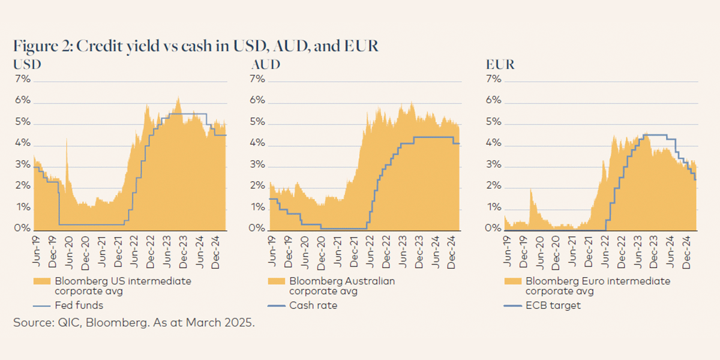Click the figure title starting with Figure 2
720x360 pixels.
(x=196, y=46)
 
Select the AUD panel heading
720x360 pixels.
(x=265, y=64)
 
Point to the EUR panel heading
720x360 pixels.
(x=500, y=64)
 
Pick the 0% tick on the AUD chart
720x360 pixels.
(x=257, y=229)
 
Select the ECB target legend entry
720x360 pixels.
(x=552, y=305)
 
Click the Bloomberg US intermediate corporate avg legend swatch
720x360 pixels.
(x=41, y=281)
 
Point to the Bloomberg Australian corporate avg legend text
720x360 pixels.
(x=342, y=286)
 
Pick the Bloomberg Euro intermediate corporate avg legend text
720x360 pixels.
(x=598, y=286)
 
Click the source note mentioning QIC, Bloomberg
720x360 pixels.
(x=134, y=323)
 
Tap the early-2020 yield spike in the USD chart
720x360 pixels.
(x=66, y=157)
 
